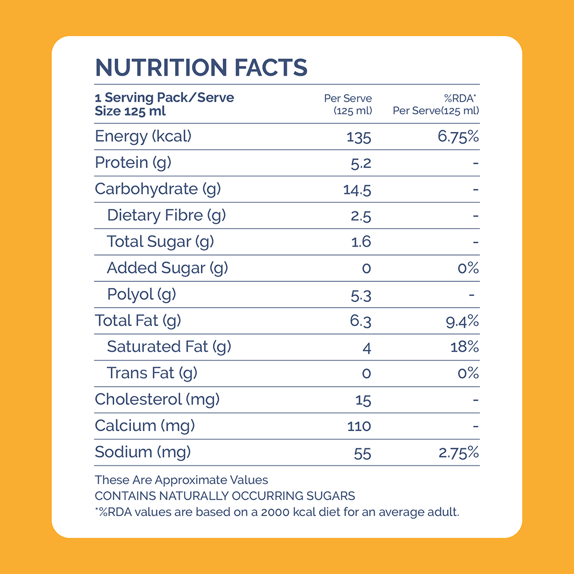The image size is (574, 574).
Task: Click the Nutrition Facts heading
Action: point(201,67)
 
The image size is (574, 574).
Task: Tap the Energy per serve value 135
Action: point(359,137)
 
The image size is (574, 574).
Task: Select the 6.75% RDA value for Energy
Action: point(458,137)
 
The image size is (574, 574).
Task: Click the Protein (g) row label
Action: point(133,163)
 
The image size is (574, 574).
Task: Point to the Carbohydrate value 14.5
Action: point(357,189)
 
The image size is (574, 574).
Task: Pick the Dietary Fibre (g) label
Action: point(166,216)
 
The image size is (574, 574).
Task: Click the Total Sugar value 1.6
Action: point(361,242)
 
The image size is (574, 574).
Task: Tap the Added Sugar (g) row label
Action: point(167,269)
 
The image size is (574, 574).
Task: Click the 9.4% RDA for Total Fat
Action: point(462,321)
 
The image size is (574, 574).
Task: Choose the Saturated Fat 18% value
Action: point(464,347)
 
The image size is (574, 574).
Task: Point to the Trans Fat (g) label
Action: point(152,374)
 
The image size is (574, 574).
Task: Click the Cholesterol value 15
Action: point(363,400)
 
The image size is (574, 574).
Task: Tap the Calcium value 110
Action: point(359,426)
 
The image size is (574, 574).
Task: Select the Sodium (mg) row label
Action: point(143,453)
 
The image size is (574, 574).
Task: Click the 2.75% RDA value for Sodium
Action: point(459,453)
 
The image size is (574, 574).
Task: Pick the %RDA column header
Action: point(460,98)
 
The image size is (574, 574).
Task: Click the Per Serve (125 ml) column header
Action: point(348,104)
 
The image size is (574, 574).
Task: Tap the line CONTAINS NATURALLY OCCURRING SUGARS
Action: point(225,496)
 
